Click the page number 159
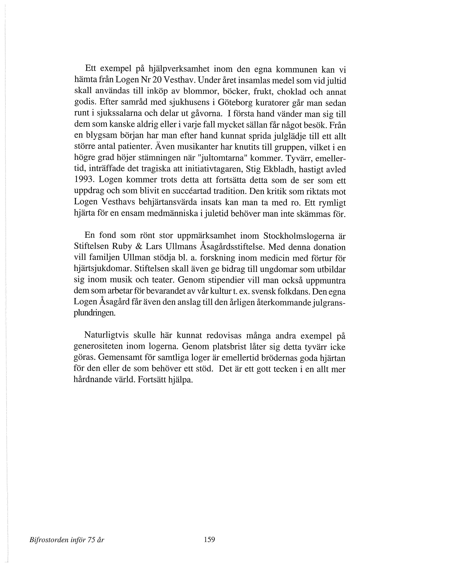(x=209, y=539)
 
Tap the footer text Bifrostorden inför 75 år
(x=67, y=540)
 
